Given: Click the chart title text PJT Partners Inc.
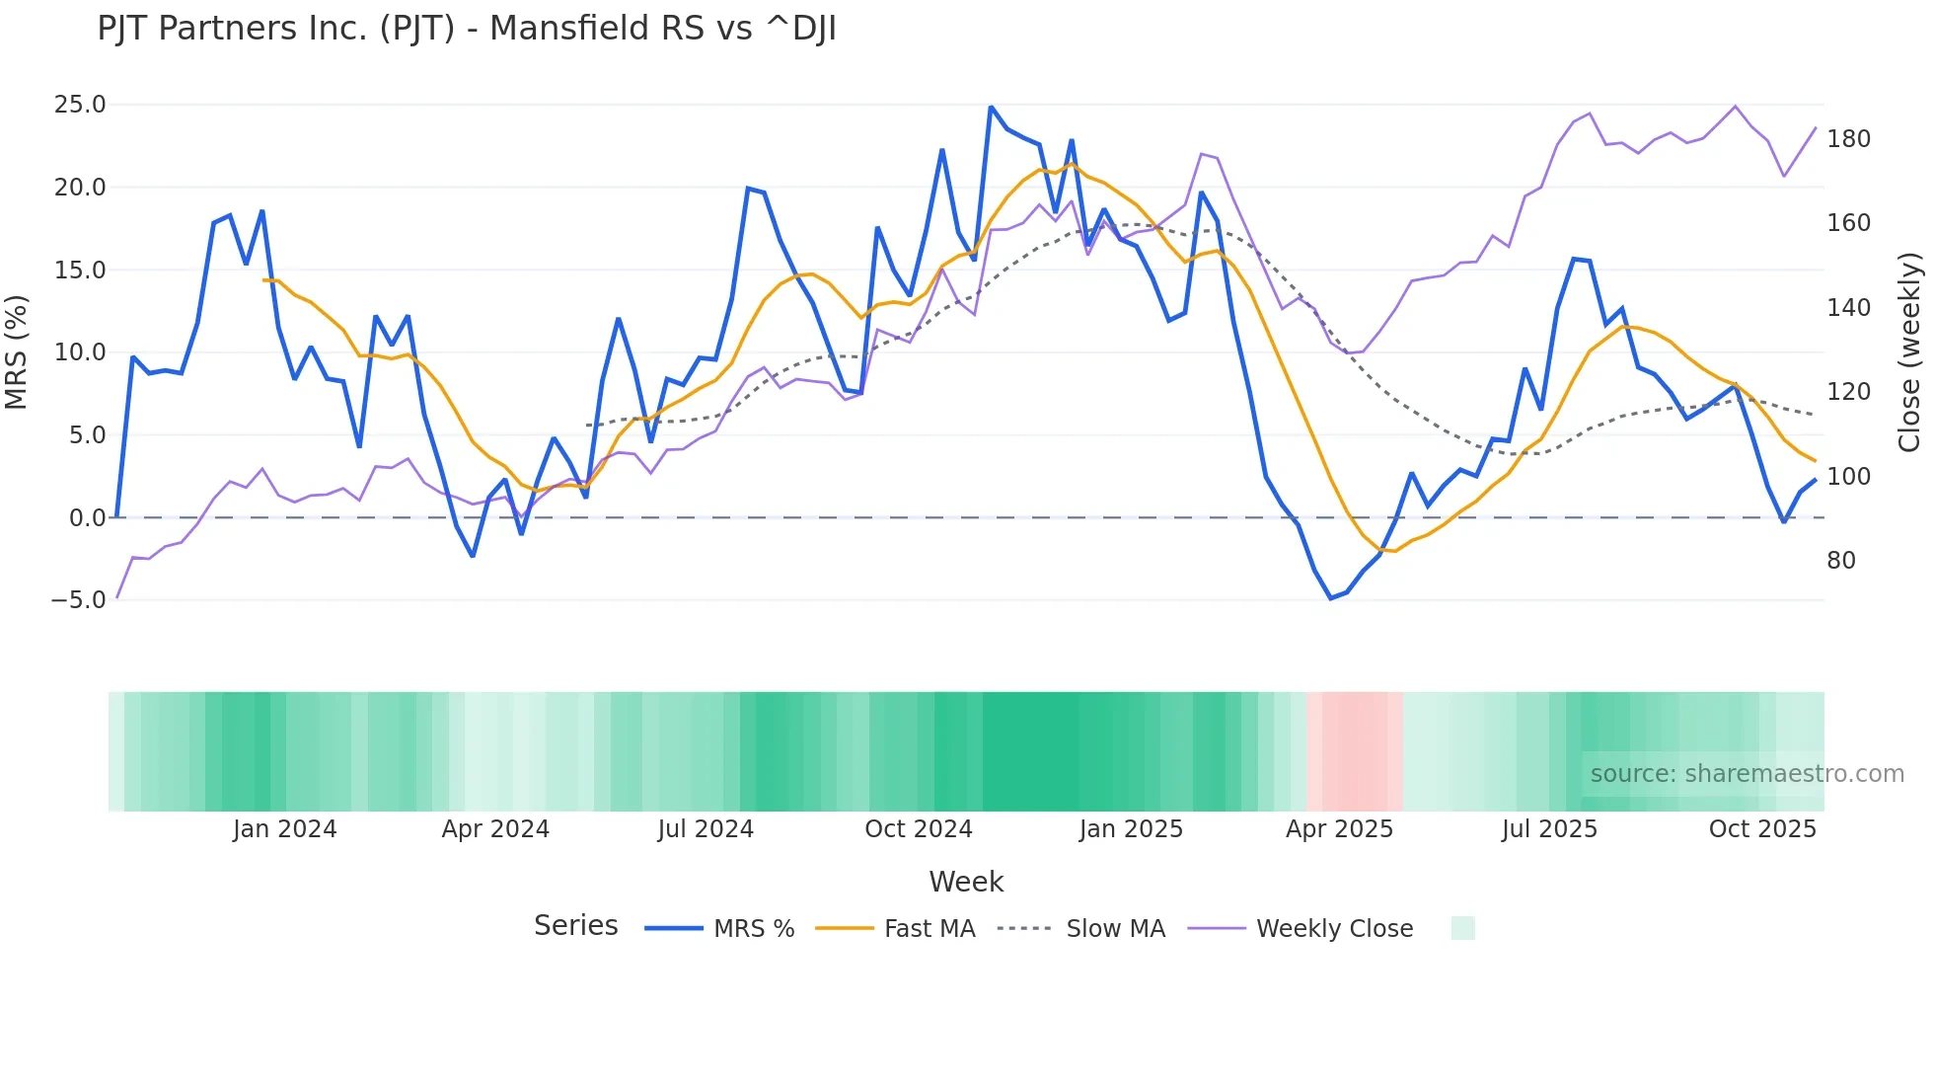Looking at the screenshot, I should coord(466,29).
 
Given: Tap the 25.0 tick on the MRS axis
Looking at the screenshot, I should coord(79,105).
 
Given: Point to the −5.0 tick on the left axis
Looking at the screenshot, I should coord(77,600).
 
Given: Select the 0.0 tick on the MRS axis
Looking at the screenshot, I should coord(87,517).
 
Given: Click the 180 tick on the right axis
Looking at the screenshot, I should coord(1848,139).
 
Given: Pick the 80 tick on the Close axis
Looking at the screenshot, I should coord(1841,561).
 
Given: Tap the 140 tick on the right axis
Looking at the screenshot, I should coord(1848,308).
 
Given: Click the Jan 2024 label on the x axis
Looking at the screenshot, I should coord(284,829).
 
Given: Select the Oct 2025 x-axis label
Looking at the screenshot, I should coord(1762,829).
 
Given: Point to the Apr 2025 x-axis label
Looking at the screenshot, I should coord(1339,829).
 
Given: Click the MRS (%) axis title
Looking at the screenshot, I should coord(17,351).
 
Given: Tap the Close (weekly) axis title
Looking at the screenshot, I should coord(1909,351).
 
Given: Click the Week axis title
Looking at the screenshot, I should coord(966,882).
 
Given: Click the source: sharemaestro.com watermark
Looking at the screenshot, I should coord(1747,774).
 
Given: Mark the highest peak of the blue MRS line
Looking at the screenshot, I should coord(991,108).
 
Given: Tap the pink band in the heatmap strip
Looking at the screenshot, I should coord(1355,751).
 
